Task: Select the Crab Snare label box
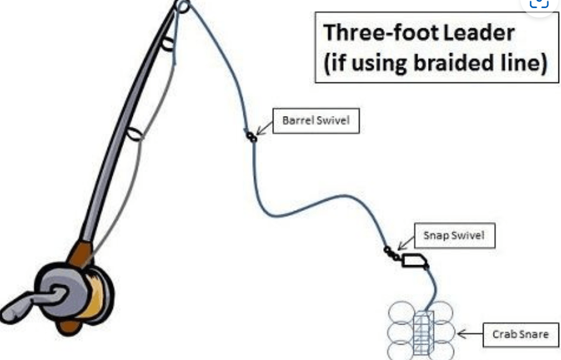(520, 335)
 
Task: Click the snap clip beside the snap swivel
(414, 260)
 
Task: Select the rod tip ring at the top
(182, 6)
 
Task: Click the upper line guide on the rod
(167, 44)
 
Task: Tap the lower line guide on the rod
(133, 133)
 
